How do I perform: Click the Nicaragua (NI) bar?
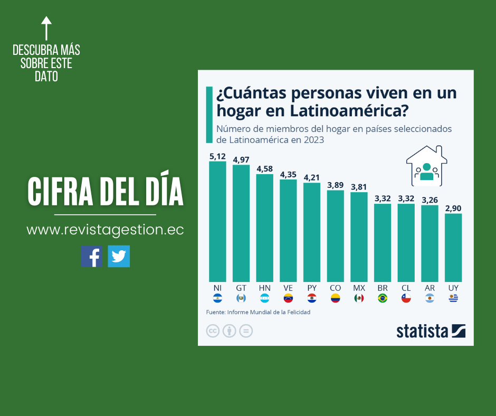pyautogui.click(x=217, y=222)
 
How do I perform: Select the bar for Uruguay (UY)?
pyautogui.click(x=453, y=248)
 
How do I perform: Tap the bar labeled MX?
pyautogui.click(x=359, y=237)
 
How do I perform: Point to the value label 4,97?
pyautogui.click(x=241, y=159)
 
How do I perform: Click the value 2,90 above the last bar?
pyautogui.click(x=453, y=209)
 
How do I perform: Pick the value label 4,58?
pyautogui.click(x=265, y=169)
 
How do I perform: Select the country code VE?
pyautogui.click(x=288, y=288)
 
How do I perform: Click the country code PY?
pyautogui.click(x=312, y=288)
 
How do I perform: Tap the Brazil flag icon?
pyautogui.click(x=383, y=298)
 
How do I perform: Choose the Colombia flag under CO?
pyautogui.click(x=335, y=298)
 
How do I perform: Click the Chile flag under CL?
pyautogui.click(x=406, y=298)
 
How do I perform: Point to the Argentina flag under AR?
pyautogui.click(x=430, y=298)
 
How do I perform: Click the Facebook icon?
pyautogui.click(x=92, y=256)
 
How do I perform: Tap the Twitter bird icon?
pyautogui.click(x=119, y=256)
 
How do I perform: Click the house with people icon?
pyautogui.click(x=427, y=166)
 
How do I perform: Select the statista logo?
pyautogui.click(x=431, y=331)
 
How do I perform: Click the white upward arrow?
pyautogui.click(x=46, y=28)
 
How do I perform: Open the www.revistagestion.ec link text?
pyautogui.click(x=105, y=230)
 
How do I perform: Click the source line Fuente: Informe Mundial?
pyautogui.click(x=258, y=312)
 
